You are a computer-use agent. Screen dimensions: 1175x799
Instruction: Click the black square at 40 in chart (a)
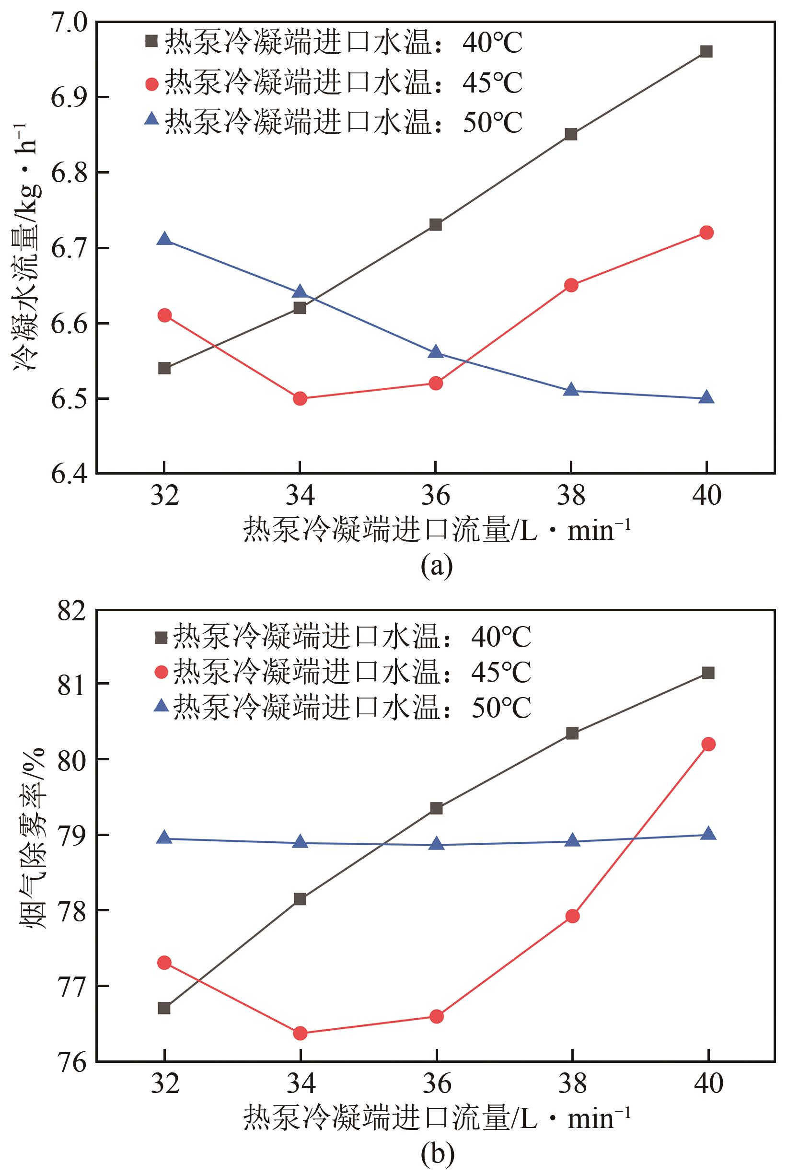[706, 52]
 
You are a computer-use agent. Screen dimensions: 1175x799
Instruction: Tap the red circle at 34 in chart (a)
[300, 398]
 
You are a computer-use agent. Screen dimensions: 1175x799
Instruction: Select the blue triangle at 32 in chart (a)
[164, 239]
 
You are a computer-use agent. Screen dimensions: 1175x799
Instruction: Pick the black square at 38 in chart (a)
[571, 135]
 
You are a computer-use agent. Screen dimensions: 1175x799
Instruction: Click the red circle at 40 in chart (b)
[708, 744]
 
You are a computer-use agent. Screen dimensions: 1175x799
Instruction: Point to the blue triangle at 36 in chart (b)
[436, 843]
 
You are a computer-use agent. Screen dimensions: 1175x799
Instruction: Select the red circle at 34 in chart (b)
[300, 1019]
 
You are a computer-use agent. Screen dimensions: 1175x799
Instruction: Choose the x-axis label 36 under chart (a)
[436, 496]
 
